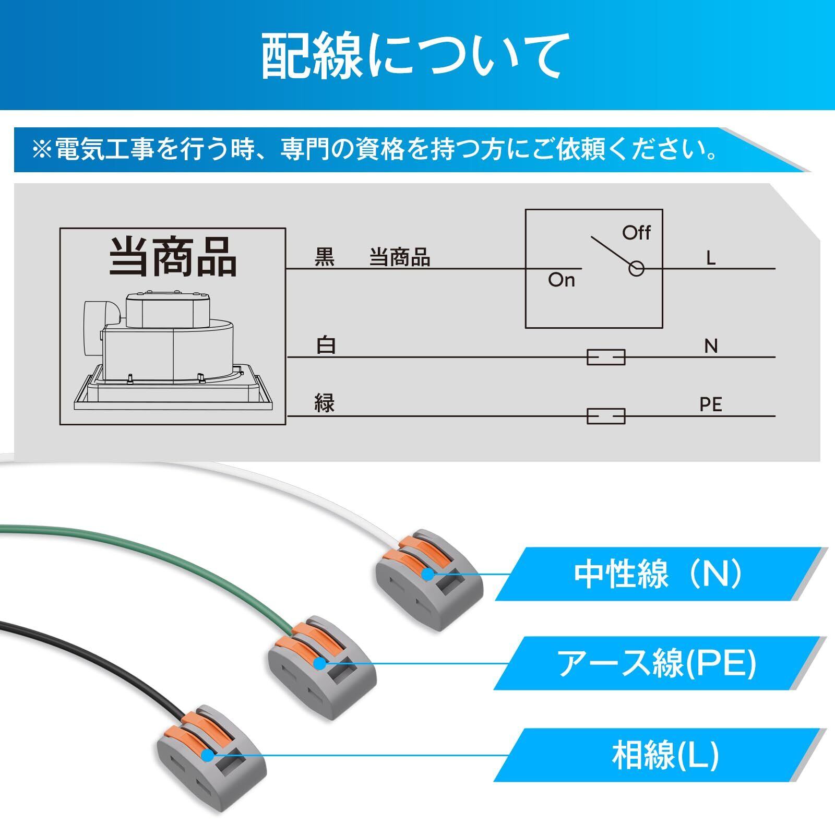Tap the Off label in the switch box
[x=636, y=232]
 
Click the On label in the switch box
[x=561, y=280]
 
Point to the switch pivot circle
[x=636, y=269]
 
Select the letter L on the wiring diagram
[x=710, y=258]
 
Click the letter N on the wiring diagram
[x=711, y=346]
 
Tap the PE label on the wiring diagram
[x=711, y=404]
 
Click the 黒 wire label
[x=324, y=258]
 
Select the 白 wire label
[x=326, y=346]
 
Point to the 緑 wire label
[x=324, y=403]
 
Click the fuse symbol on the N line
[x=606, y=357]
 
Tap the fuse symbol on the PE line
[x=606, y=416]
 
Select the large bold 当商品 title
[x=173, y=257]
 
